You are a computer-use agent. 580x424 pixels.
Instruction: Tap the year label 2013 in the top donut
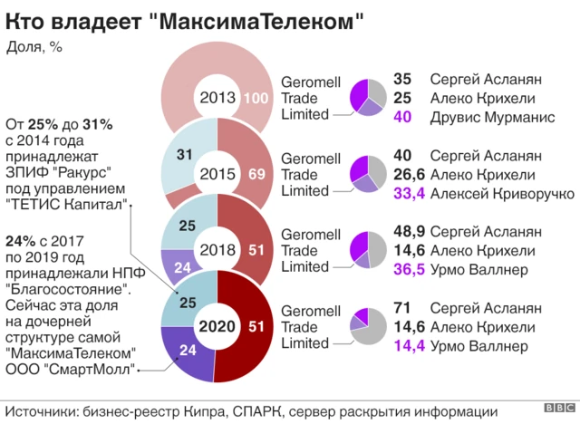pos(218,98)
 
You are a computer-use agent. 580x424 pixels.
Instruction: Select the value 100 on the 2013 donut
pos(256,99)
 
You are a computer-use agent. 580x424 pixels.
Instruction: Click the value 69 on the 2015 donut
pos(256,174)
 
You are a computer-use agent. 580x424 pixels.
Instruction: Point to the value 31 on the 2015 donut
pos(184,156)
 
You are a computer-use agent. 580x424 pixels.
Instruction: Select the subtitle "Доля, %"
pos(34,46)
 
